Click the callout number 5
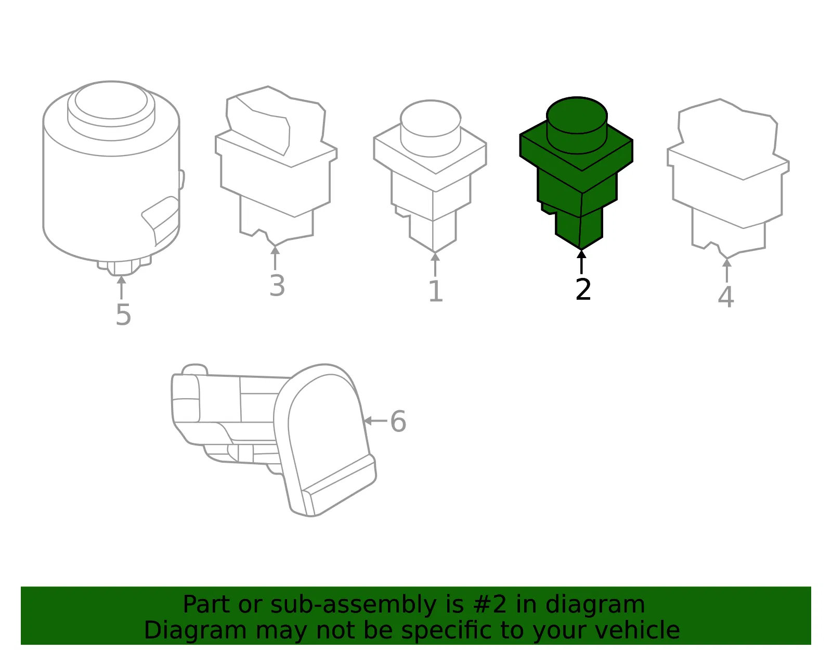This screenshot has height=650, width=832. pyautogui.click(x=123, y=315)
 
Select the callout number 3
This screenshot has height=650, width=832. pyautogui.click(x=277, y=286)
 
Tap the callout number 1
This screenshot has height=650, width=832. pyautogui.click(x=436, y=291)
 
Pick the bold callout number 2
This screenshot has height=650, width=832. pyautogui.click(x=583, y=289)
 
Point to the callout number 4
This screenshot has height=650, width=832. pyautogui.click(x=726, y=297)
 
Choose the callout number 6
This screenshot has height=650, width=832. pyautogui.click(x=398, y=422)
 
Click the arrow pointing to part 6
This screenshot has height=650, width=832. pyautogui.click(x=375, y=421)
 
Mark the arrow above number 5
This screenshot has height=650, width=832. pyautogui.click(x=121, y=287)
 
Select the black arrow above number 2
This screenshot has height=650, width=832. pyautogui.click(x=581, y=262)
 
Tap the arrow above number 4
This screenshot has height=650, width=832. pyautogui.click(x=727, y=271)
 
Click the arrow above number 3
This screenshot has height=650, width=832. pyautogui.click(x=275, y=258)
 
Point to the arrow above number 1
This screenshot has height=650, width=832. pyautogui.click(x=435, y=264)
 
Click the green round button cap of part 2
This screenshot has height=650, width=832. pyautogui.click(x=577, y=115)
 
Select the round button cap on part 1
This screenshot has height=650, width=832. pyautogui.click(x=431, y=118)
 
